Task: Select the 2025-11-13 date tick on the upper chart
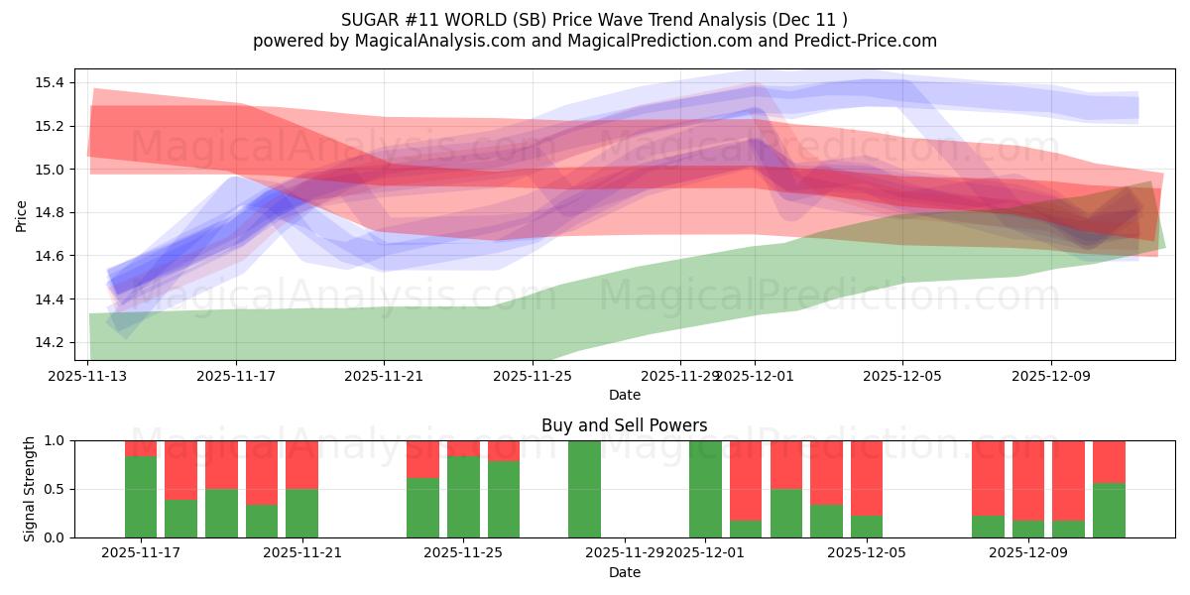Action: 88,376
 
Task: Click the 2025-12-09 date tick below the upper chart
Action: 1051,376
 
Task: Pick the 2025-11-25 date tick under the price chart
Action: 533,376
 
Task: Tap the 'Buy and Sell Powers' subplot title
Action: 624,425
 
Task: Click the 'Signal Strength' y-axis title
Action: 30,488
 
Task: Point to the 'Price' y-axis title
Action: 22,214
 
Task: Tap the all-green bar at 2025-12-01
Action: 705,489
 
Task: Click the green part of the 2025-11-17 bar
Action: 141,496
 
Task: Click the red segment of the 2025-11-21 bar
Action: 301,464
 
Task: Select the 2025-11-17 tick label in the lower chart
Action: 141,553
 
